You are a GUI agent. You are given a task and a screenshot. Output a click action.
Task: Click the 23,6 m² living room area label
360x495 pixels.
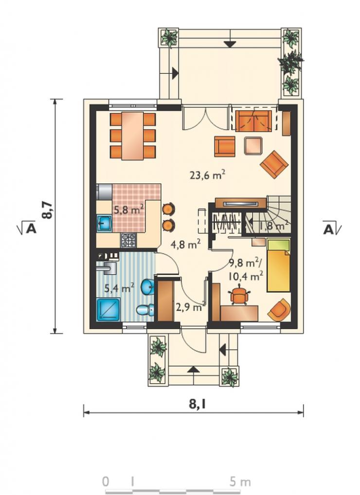coord(207,174)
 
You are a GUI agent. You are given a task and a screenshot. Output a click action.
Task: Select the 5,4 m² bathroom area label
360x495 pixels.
coord(119,287)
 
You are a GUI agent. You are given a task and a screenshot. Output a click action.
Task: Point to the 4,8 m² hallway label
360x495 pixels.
coord(185,244)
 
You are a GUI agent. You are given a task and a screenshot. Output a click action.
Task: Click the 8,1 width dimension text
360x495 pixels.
coord(197,404)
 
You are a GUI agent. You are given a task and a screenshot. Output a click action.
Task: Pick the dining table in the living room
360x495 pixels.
coord(133,136)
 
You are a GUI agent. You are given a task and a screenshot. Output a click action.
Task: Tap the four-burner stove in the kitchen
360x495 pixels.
coord(128,240)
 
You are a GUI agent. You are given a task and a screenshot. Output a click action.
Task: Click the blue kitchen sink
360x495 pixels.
coord(104,223)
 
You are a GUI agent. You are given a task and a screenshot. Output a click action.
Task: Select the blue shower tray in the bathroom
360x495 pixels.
coord(108,310)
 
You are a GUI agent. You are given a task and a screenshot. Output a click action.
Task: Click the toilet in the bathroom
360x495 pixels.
coord(145,310)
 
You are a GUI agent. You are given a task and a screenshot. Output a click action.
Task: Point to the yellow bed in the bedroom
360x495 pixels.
coord(278,265)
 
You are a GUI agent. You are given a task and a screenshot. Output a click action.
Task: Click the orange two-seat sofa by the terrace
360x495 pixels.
coord(253,121)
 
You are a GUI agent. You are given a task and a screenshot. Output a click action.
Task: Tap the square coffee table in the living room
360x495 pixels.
coord(253,145)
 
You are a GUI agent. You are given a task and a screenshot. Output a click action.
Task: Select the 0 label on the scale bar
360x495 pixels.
coord(106,482)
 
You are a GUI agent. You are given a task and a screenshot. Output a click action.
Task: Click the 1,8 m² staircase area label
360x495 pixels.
coord(274,226)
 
